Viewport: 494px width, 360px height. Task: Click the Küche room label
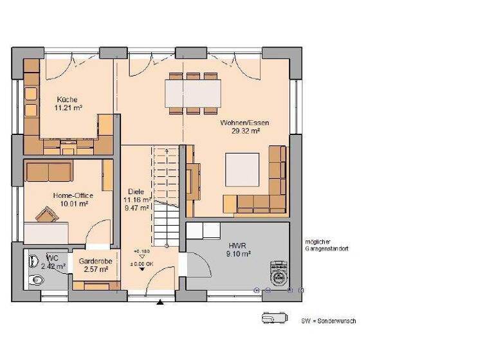click(x=67, y=100)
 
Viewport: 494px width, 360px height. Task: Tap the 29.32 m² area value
click(x=245, y=130)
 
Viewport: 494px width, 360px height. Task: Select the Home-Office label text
click(x=73, y=195)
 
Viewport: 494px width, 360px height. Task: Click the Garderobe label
click(x=93, y=262)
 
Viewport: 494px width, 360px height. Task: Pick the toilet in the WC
click(x=37, y=280)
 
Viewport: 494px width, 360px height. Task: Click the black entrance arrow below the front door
click(x=160, y=301)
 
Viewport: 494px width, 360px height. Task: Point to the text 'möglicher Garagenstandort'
click(x=327, y=245)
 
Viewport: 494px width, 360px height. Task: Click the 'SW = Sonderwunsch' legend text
click(x=328, y=321)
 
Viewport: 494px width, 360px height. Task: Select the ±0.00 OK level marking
click(x=142, y=264)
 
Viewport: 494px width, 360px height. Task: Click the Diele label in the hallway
click(x=136, y=192)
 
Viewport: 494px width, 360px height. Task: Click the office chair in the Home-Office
click(x=46, y=214)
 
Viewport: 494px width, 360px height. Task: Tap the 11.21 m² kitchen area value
click(x=67, y=109)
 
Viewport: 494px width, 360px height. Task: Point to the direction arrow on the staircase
click(x=167, y=150)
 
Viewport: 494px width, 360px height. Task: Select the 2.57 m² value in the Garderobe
click(x=93, y=269)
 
